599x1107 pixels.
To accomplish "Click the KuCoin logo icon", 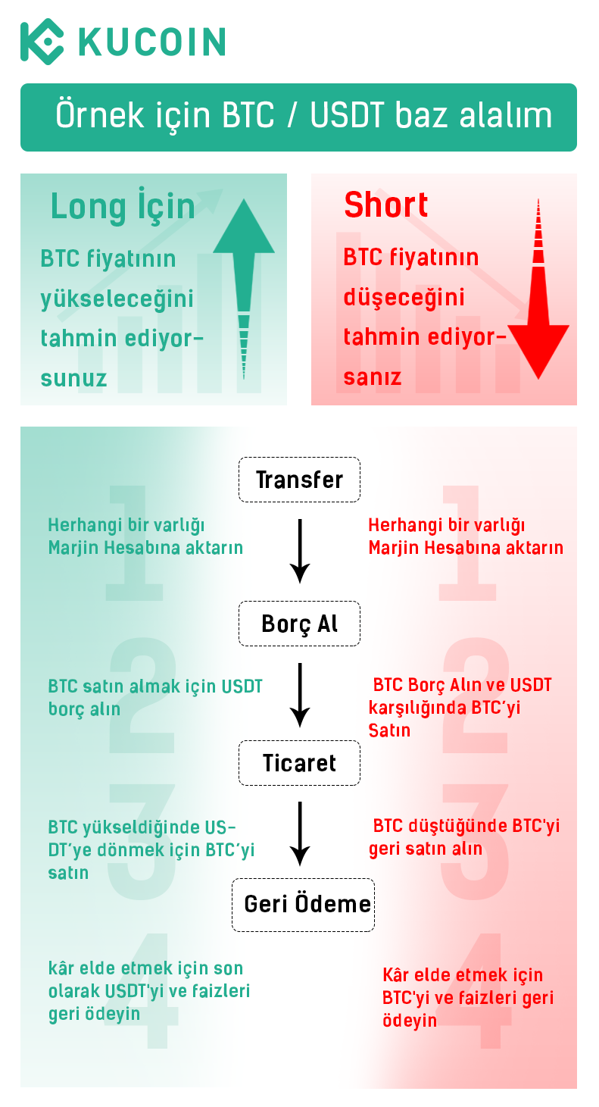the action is coord(42,42).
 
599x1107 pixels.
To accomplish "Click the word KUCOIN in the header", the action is coord(152,42).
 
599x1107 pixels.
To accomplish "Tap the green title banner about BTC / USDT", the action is coord(299,117).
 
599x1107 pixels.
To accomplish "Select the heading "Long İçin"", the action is coord(123,206).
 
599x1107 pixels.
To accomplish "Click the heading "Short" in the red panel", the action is coord(386,205).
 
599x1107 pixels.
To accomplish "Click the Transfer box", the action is coord(299,480).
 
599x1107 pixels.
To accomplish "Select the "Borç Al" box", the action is coord(299,624).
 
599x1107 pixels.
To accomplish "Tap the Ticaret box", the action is coord(299,763).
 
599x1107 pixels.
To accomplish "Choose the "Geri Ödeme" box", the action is coord(303,905).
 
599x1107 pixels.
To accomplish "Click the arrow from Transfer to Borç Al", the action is coord(300,551).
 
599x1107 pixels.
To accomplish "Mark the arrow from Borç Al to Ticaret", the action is coord(300,695).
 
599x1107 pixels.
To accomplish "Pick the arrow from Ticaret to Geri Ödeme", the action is coord(300,833).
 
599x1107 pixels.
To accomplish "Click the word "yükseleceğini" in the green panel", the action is coord(117,299).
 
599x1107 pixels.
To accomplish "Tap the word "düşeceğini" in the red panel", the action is coord(404,298).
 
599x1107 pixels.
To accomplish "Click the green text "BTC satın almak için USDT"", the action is coord(155,686).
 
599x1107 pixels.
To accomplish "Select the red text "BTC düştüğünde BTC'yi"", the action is coord(466,826).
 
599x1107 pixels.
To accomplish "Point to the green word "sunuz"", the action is coord(73,379).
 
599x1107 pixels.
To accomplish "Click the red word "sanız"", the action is coord(373,377).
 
